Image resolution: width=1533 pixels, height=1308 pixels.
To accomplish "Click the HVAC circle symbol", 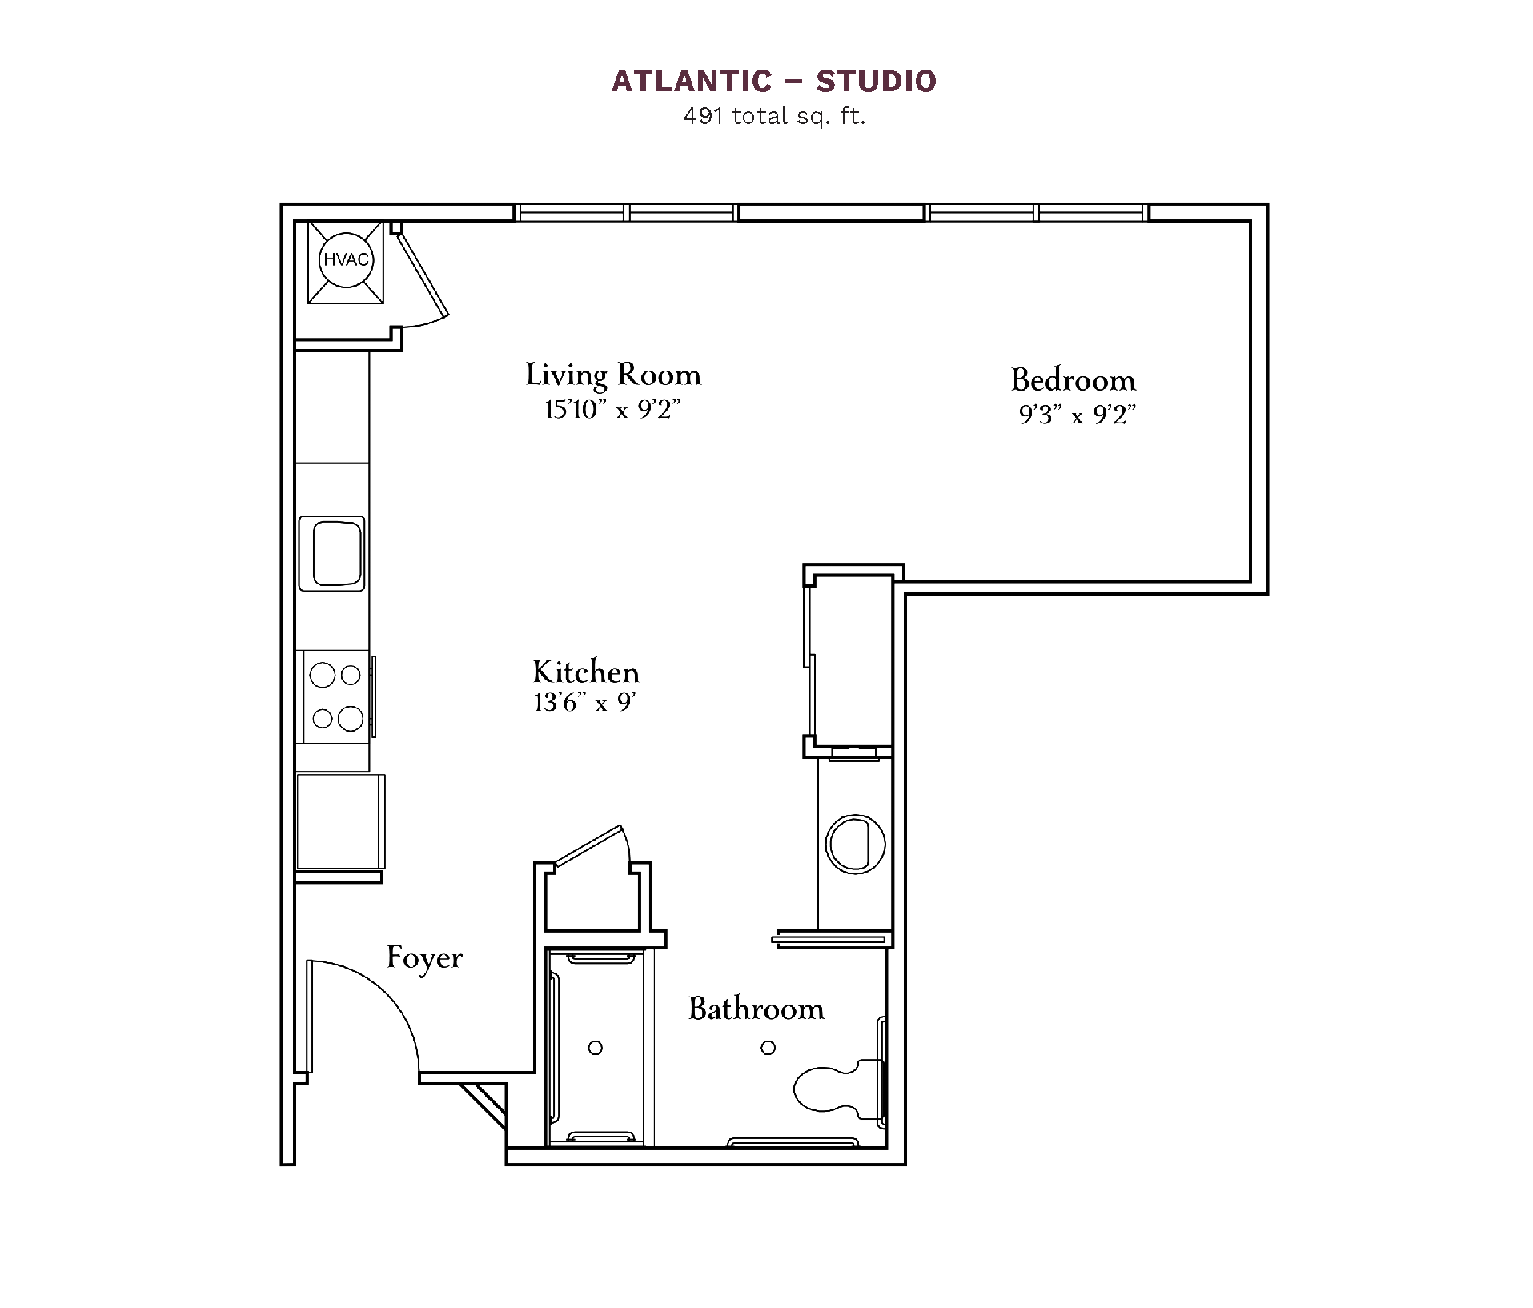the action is [346, 260].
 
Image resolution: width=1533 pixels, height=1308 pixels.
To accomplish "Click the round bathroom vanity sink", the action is [856, 844].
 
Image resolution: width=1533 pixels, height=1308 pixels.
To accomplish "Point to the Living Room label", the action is [613, 375].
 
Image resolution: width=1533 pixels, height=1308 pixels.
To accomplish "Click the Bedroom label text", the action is [1074, 379].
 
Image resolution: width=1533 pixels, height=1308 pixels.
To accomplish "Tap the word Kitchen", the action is [586, 671].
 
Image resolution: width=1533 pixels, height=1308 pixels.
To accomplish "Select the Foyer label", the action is [424, 957].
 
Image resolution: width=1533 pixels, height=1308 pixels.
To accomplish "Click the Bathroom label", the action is [756, 1009].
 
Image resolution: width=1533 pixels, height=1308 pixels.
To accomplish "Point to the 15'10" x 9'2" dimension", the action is [612, 410].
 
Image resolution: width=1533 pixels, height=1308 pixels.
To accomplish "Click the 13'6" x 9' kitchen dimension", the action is [584, 702].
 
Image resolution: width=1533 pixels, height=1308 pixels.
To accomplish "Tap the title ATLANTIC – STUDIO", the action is [774, 81].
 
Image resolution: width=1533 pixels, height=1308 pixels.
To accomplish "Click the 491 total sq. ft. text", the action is [774, 117].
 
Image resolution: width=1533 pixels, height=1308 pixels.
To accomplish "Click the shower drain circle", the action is [595, 1048].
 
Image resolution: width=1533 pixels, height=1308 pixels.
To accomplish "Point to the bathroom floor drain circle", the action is [768, 1048].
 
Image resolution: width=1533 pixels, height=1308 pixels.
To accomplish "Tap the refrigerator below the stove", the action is [340, 821].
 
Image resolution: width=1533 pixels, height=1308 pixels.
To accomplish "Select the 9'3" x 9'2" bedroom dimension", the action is [1078, 415].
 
